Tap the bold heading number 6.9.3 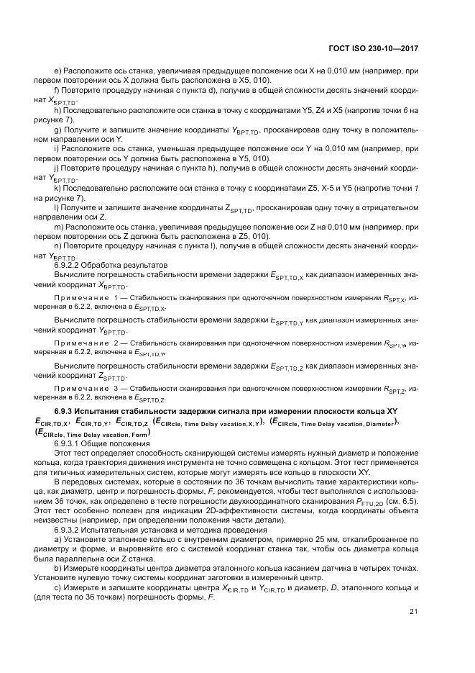click(x=68, y=410)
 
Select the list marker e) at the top click(x=57, y=71)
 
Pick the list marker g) click(x=57, y=129)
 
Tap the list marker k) click(x=57, y=198)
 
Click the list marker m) click(x=57, y=227)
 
